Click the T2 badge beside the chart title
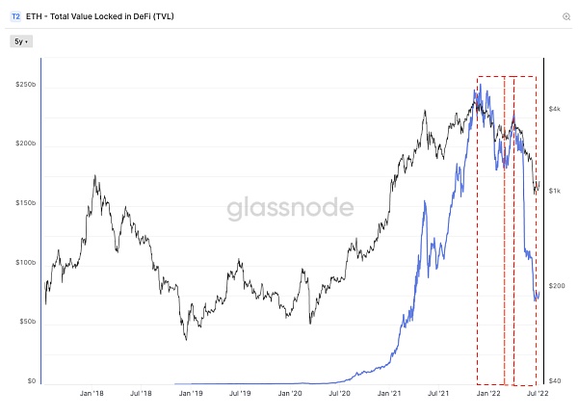coord(15,16)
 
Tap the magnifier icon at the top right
coord(565,16)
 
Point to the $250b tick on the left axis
coord(23,85)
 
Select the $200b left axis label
coord(23,143)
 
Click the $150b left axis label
coord(23,203)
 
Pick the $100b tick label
coord(23,262)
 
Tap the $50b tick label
coord(25,322)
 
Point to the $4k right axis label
coord(556,109)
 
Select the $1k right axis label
coord(556,191)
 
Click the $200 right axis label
coord(557,286)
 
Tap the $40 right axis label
coord(556,381)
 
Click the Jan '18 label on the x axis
coord(92,394)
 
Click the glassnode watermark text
coord(289,210)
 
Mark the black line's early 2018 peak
coord(93,176)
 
